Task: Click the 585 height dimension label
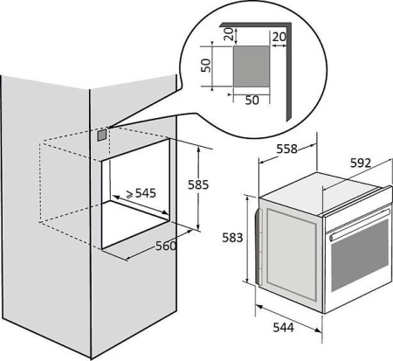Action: [198, 184]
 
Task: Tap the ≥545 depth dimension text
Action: [141, 193]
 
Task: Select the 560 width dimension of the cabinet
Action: [166, 246]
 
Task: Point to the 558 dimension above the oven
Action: [286, 149]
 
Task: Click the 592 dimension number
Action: [361, 163]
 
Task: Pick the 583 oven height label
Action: [232, 238]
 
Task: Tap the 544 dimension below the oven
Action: [284, 328]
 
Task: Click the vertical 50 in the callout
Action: [206, 66]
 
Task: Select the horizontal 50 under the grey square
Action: [252, 100]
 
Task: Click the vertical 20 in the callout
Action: [229, 34]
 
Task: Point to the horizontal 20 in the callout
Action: [279, 37]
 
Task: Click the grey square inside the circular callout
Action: [252, 66]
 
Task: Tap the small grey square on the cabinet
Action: [101, 135]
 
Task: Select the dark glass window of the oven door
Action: [360, 255]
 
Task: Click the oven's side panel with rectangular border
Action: [291, 253]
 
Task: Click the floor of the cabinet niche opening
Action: [135, 223]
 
